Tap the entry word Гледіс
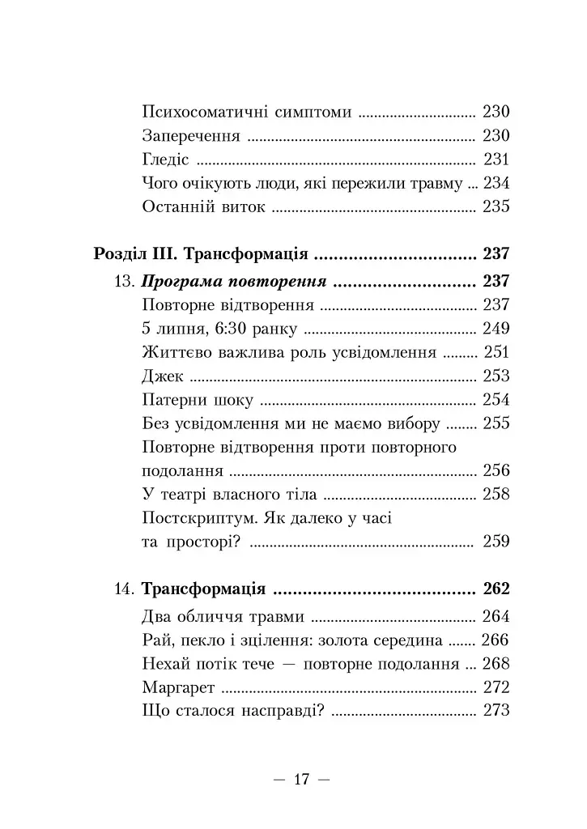point(165,159)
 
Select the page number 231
point(496,159)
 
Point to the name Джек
point(163,376)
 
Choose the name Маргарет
point(177,688)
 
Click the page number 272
point(496,688)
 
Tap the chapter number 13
point(127,282)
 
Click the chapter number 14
point(127,589)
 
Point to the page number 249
point(496,329)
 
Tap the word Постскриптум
point(198,517)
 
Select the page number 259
point(496,541)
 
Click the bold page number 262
point(496,589)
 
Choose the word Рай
point(155,641)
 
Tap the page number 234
point(496,183)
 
